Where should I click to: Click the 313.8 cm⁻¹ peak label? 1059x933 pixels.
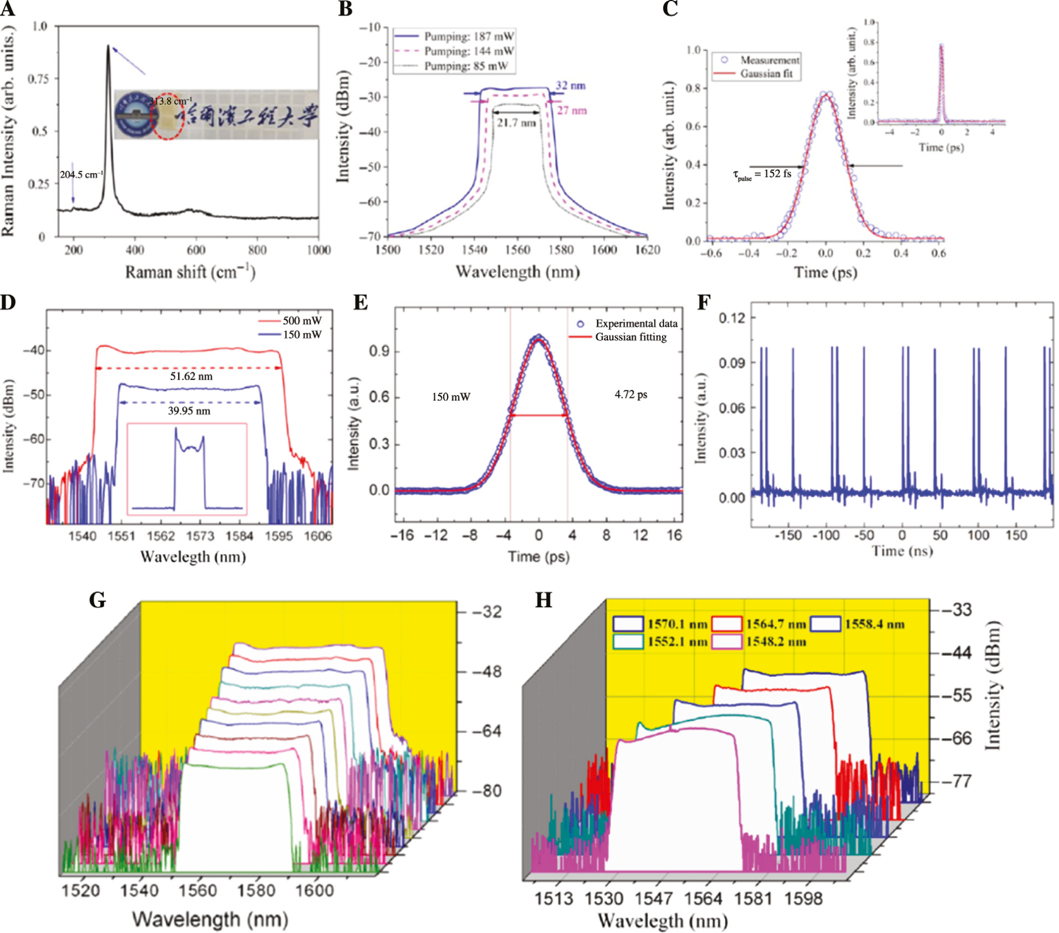[x=171, y=102]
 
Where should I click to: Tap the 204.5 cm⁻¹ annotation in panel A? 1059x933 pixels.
[x=82, y=175]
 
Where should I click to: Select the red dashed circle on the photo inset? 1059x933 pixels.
[x=167, y=116]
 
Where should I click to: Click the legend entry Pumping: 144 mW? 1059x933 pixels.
[x=469, y=51]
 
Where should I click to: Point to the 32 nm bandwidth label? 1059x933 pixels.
[x=571, y=86]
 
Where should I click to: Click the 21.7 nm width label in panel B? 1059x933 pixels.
[x=516, y=123]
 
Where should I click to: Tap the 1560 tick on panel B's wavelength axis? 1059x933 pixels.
[x=517, y=250]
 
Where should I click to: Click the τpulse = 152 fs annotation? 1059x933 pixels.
[x=762, y=174]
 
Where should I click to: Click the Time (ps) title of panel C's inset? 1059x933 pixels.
[x=941, y=147]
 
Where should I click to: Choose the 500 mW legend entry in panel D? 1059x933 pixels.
[x=302, y=321]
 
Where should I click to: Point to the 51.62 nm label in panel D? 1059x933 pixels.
[x=191, y=376]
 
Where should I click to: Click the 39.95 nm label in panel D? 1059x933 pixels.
[x=189, y=411]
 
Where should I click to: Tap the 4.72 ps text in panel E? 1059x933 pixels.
[x=630, y=394]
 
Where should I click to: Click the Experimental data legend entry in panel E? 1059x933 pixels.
[x=636, y=323]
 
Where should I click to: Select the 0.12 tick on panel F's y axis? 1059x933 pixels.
[x=731, y=318]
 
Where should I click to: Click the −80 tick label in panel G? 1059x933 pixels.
[x=486, y=791]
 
